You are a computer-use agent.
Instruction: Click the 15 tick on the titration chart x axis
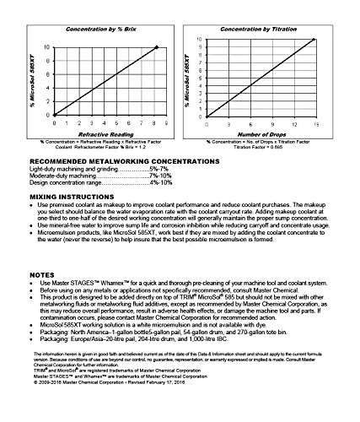point(315,125)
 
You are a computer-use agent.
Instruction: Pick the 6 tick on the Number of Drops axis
point(252,125)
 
